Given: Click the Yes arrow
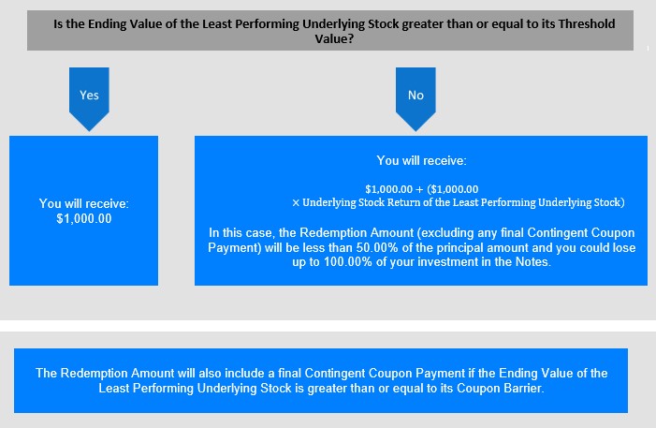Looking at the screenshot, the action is click(89, 99).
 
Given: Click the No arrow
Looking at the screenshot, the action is click(415, 99).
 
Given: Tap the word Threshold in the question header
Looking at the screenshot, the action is click(587, 23).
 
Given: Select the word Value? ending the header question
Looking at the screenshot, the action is click(334, 39).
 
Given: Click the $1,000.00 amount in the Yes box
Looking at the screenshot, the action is click(84, 218).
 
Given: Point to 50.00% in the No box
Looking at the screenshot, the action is click(377, 247).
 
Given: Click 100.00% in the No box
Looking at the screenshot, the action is click(348, 262).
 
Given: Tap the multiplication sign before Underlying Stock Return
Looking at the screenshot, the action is click(296, 202).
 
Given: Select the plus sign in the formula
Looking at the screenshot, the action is click(419, 189).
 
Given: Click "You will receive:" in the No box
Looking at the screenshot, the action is click(421, 160).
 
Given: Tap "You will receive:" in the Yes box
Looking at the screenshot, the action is click(84, 203).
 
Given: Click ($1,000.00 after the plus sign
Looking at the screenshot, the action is click(453, 189).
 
